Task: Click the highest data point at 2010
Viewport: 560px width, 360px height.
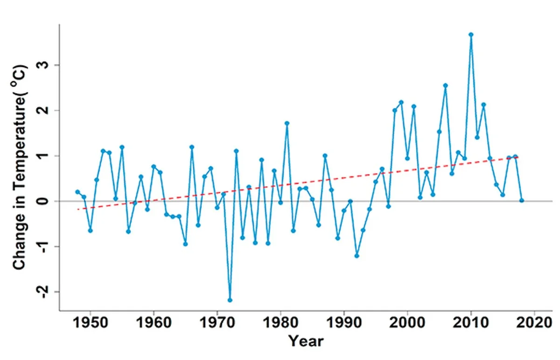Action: point(471,35)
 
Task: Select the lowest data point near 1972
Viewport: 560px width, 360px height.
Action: point(230,300)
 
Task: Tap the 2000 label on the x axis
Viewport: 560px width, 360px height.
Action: point(407,323)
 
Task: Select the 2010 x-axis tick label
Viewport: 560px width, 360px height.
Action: point(471,323)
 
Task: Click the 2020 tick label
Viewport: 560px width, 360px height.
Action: point(534,323)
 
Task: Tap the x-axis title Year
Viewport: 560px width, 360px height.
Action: point(306,341)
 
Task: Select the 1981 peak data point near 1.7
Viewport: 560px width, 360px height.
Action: point(287,123)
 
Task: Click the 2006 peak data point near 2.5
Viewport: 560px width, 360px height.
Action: point(446,85)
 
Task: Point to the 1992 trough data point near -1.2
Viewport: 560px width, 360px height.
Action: point(357,256)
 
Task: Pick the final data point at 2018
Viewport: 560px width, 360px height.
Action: point(522,201)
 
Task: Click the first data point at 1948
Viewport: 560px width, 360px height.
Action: point(77,192)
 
